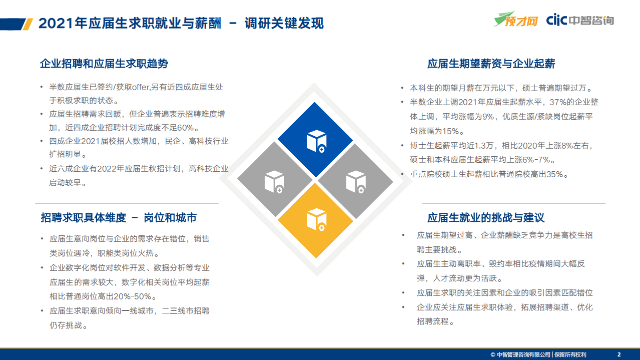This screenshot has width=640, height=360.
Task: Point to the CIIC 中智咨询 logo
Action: [x=580, y=20]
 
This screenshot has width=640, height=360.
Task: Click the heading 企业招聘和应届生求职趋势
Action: [x=104, y=64]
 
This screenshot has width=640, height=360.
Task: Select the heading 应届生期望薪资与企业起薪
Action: [x=491, y=64]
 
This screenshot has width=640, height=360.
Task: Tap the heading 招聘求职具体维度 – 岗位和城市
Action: [x=119, y=218]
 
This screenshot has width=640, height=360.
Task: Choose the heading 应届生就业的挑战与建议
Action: [x=485, y=218]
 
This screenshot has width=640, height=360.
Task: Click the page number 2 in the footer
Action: [x=619, y=354]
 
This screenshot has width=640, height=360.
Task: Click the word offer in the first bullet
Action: [x=141, y=87]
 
